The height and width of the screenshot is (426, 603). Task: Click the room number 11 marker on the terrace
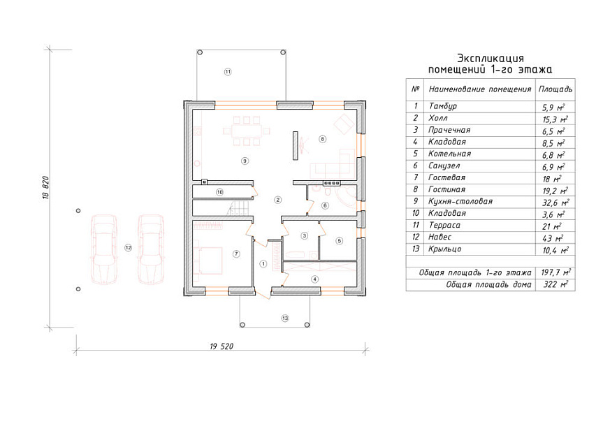pyautogui.click(x=228, y=71)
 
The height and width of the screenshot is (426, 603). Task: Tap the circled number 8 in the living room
pyautogui.click(x=322, y=139)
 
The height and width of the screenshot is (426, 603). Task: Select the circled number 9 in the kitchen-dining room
pyautogui.click(x=245, y=161)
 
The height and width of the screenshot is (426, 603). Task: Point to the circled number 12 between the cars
pyautogui.click(x=128, y=248)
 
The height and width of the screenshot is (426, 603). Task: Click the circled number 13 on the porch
pyautogui.click(x=284, y=318)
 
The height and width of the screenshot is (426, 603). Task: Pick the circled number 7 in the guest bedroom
pyautogui.click(x=236, y=254)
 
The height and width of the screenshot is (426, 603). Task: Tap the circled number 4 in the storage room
pyautogui.click(x=315, y=279)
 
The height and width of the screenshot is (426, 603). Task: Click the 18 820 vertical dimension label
pyautogui.click(x=45, y=187)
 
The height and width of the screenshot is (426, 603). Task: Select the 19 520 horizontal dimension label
pyautogui.click(x=221, y=346)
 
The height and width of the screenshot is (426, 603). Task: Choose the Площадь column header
pyautogui.click(x=555, y=89)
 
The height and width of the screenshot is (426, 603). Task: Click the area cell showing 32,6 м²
pyautogui.click(x=555, y=202)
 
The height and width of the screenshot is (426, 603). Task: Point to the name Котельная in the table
pyautogui.click(x=449, y=154)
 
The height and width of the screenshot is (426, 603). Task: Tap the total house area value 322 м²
pyautogui.click(x=555, y=284)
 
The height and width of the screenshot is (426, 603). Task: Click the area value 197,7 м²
pyautogui.click(x=555, y=272)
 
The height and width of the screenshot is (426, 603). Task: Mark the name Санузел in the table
pyautogui.click(x=444, y=166)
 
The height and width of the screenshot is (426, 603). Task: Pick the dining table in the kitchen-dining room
pyautogui.click(x=247, y=131)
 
